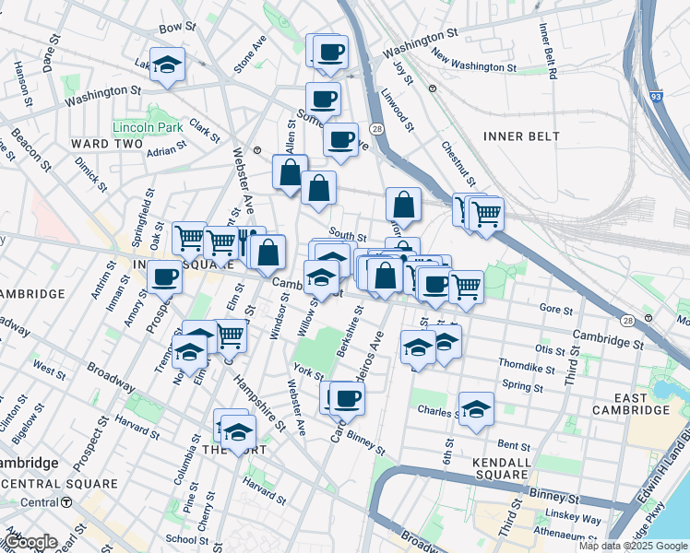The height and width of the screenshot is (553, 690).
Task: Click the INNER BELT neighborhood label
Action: (521, 136)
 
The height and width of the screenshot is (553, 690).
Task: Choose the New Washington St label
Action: (470, 64)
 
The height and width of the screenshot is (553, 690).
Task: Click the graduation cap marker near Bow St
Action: (167, 65)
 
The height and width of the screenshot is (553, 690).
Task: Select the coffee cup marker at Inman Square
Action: (165, 276)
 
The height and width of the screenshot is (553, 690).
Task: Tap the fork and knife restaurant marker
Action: (247, 242)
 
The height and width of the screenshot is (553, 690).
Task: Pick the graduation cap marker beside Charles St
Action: (476, 409)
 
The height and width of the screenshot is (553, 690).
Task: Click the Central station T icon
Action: (66, 502)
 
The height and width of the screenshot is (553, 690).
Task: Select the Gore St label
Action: (557, 308)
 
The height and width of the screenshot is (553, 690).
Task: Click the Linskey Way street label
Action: (577, 520)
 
